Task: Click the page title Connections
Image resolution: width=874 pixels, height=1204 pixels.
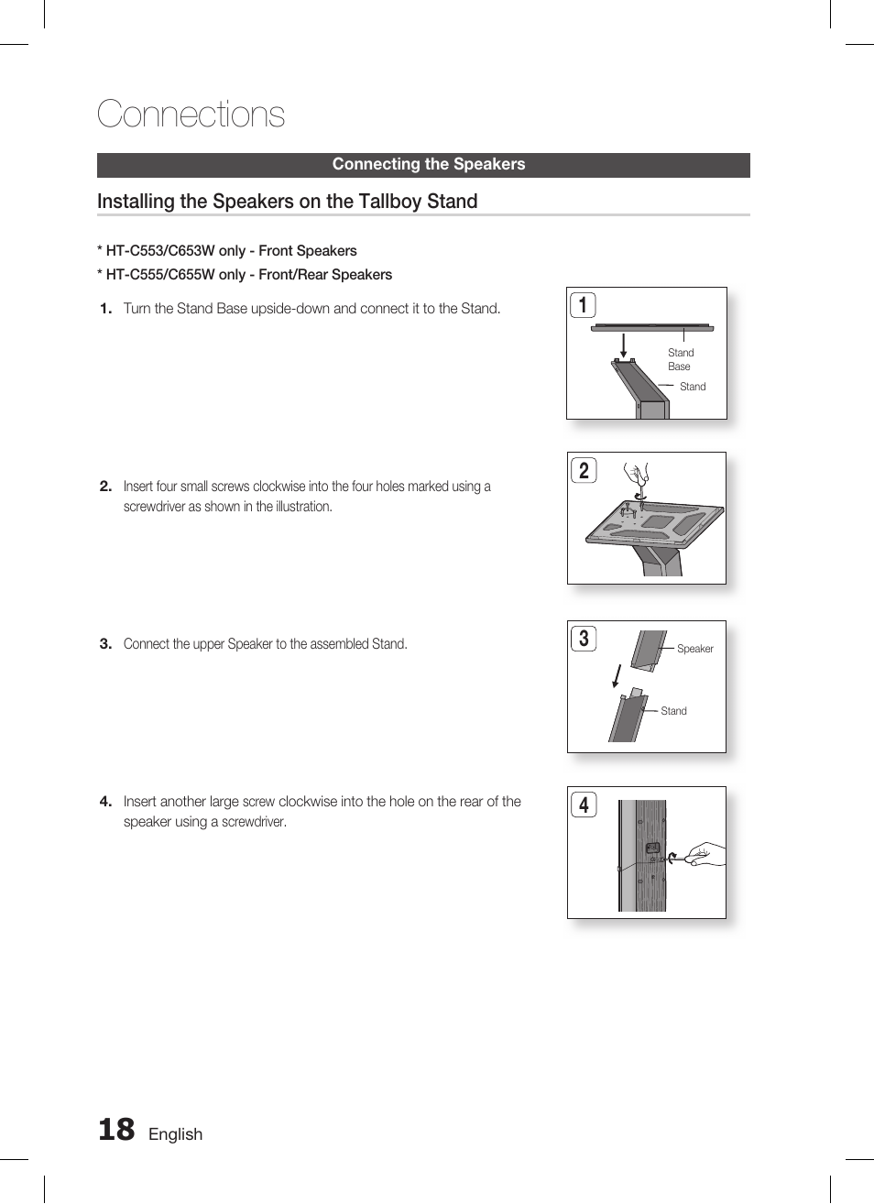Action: (191, 115)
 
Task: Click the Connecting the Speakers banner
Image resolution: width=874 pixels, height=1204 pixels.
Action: (428, 165)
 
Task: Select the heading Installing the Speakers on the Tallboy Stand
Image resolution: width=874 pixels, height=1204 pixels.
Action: (287, 202)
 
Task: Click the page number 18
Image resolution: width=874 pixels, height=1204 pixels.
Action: (116, 1130)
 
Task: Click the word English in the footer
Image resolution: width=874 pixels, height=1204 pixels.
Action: (175, 1134)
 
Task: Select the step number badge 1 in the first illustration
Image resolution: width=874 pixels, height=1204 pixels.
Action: (583, 305)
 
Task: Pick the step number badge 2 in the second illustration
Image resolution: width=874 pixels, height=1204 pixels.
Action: (584, 471)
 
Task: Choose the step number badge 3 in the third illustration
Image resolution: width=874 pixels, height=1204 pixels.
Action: (584, 639)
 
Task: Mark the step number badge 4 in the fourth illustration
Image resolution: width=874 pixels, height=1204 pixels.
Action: (584, 805)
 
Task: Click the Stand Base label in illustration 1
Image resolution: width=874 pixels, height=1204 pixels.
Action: (680, 359)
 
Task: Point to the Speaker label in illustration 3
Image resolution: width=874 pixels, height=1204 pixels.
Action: (694, 649)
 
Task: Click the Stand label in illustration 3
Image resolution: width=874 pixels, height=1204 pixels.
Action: (673, 711)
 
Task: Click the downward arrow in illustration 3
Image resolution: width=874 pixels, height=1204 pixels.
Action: (617, 676)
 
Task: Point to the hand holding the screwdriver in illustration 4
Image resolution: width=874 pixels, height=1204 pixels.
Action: (706, 855)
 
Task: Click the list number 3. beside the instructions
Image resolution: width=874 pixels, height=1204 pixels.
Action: (105, 644)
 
